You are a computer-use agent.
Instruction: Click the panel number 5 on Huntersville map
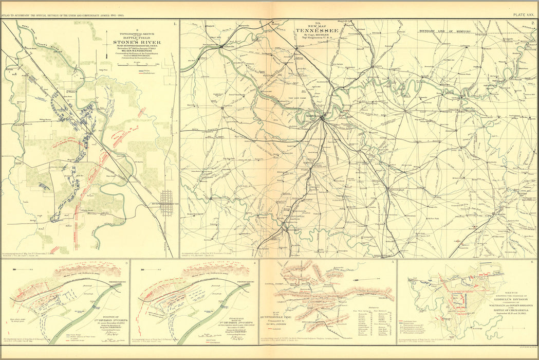pyautogui.click(x=392, y=263)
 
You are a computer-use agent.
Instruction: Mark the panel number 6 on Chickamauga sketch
pyautogui.click(x=532, y=263)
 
